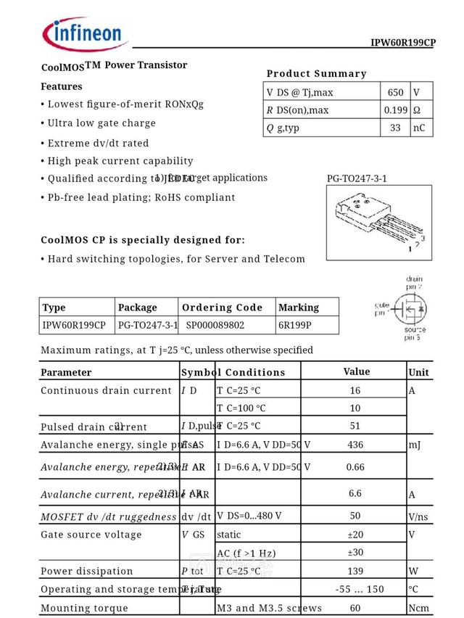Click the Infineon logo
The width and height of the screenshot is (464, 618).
(86, 33)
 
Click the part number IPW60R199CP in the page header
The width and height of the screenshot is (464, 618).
(402, 43)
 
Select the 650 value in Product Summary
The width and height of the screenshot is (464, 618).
(395, 93)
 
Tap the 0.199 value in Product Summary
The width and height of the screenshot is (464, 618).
(395, 110)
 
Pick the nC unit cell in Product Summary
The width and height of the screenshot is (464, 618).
(420, 128)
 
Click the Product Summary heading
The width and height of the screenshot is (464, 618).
(316, 73)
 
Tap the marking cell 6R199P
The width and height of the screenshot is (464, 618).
(295, 326)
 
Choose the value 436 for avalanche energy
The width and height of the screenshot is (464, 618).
(355, 445)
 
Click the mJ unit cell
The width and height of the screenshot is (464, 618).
(415, 445)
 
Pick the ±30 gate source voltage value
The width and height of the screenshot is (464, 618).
(355, 552)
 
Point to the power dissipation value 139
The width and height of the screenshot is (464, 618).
(355, 571)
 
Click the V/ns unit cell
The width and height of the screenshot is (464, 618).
(418, 516)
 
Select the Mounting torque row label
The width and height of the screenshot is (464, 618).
(84, 608)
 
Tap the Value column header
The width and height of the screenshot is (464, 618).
(356, 371)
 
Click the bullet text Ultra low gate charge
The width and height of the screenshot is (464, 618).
(101, 123)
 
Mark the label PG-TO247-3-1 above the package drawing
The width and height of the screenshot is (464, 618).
(357, 178)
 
